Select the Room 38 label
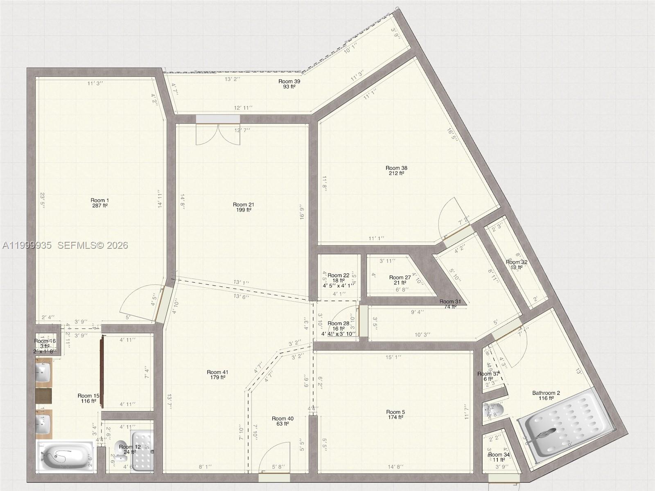[x=396, y=171]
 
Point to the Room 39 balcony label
[x=289, y=84]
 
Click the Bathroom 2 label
[x=546, y=395]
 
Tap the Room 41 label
[x=217, y=375]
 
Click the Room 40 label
[x=282, y=421]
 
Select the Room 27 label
[x=400, y=280]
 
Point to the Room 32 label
[x=516, y=265]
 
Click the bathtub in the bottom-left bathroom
[x=65, y=456]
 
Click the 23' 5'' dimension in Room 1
[x=42, y=201]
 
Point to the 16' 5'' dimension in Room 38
[x=452, y=135]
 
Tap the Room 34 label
[x=499, y=457]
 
